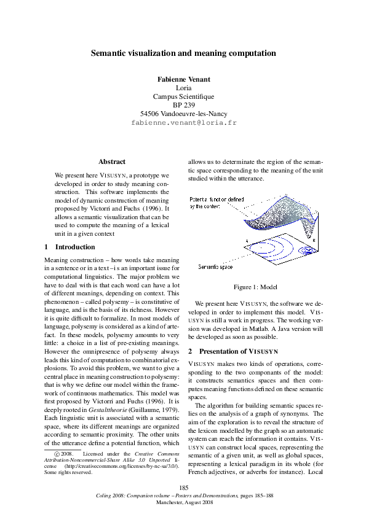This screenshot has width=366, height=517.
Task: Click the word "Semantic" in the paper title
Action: [109, 53]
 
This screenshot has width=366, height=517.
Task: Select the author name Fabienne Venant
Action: [183, 79]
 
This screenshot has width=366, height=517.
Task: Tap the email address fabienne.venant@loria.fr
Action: [183, 123]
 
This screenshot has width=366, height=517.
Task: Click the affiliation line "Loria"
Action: [183, 88]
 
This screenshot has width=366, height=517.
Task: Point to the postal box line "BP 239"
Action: [183, 105]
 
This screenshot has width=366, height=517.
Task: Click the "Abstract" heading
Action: [112, 161]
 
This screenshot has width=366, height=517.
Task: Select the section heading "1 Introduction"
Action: [70, 247]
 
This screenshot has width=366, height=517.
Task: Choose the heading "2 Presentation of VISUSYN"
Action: [233, 351]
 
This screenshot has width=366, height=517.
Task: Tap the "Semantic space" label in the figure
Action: [215, 267]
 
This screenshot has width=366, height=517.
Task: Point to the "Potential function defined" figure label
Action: [217, 200]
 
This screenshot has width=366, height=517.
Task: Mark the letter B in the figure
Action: [314, 241]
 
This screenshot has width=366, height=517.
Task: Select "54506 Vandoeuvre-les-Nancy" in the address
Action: [183, 114]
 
